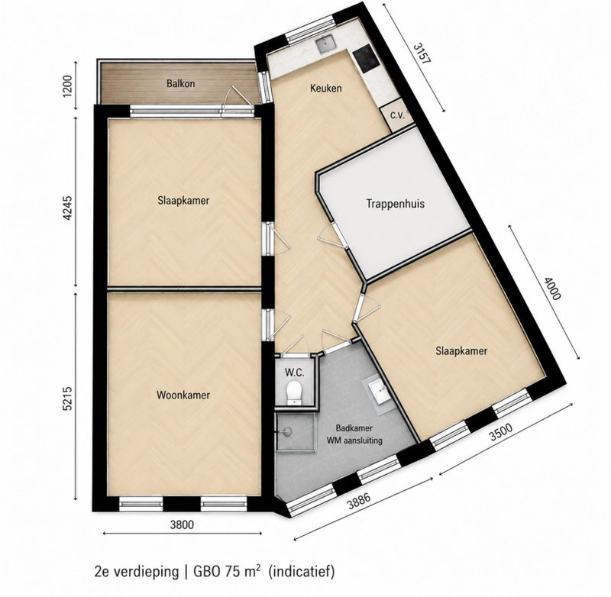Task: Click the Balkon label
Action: click(x=180, y=83)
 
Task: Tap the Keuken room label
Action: click(x=326, y=88)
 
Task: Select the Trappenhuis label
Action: click(x=395, y=204)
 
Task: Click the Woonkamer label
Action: click(x=183, y=395)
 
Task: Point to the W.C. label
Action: click(x=294, y=373)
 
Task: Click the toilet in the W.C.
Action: click(x=293, y=392)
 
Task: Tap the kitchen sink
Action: click(x=325, y=44)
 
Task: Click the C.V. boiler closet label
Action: click(x=397, y=115)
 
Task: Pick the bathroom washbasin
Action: click(x=378, y=391)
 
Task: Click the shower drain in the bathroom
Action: click(x=287, y=431)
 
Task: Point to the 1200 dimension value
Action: click(x=67, y=86)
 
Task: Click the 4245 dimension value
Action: click(x=67, y=208)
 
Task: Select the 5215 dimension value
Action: click(x=67, y=398)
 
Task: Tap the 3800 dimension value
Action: click(x=182, y=524)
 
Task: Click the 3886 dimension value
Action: click(x=358, y=502)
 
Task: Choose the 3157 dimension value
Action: click(x=422, y=53)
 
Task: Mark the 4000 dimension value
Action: click(x=552, y=289)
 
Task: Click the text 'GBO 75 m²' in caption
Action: click(x=227, y=571)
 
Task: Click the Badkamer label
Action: click(x=354, y=428)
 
